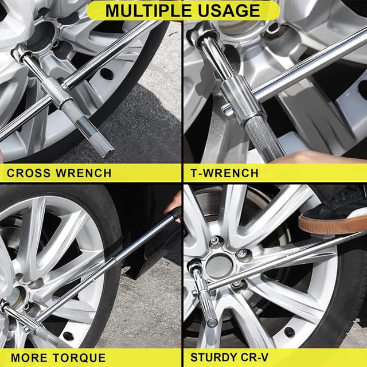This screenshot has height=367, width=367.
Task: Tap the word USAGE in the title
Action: tap(229, 10)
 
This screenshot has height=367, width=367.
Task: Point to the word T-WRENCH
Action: tap(225, 173)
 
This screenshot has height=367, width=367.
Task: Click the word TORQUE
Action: tap(79, 358)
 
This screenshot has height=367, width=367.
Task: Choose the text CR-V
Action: tap(256, 357)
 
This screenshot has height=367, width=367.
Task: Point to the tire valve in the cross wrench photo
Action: tap(107, 74)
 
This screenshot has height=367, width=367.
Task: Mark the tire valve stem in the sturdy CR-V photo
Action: tap(289, 332)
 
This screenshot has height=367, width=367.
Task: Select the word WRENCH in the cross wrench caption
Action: tap(84, 173)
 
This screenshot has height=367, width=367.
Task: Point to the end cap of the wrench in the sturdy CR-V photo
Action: tap(212, 323)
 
